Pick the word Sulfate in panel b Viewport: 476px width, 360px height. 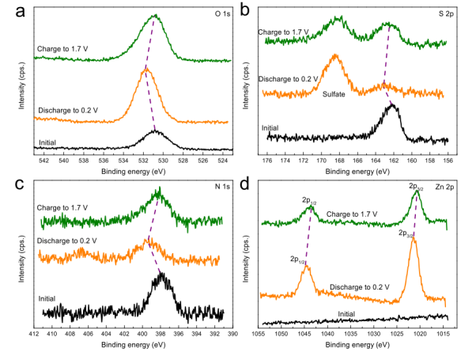[336, 94]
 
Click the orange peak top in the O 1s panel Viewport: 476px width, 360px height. [146, 70]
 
